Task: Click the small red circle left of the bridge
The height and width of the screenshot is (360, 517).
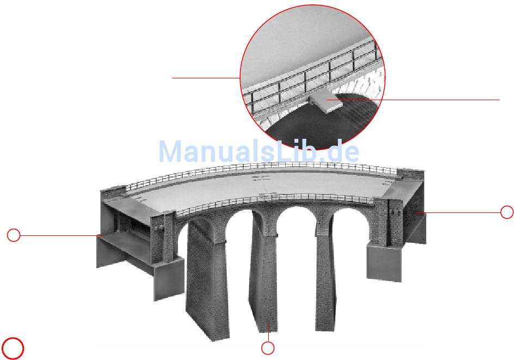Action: [14, 235]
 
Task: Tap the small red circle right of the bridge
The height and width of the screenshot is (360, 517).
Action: [507, 212]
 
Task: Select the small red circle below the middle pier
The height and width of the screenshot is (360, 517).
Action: [267, 347]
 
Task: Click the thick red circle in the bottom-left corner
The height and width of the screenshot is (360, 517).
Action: [13, 347]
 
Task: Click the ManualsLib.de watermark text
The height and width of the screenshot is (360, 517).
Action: [258, 151]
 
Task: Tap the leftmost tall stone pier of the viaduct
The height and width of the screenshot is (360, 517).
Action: [206, 283]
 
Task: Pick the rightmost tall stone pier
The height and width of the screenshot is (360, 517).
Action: [327, 283]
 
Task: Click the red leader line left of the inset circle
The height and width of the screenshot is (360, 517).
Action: [206, 78]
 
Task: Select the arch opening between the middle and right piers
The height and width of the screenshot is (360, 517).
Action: [297, 229]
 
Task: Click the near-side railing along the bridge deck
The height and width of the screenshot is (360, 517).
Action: [272, 199]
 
